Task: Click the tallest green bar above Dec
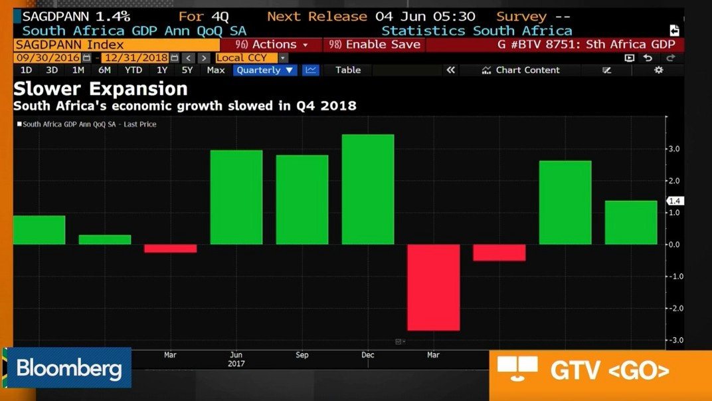pyautogui.click(x=368, y=190)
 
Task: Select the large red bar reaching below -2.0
pyautogui.click(x=433, y=287)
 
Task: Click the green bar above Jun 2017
pyautogui.click(x=236, y=198)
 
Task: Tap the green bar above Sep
pyautogui.click(x=302, y=200)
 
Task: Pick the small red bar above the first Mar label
pyautogui.click(x=171, y=249)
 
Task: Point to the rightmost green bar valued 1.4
pyautogui.click(x=630, y=223)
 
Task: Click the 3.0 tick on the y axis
pyautogui.click(x=673, y=149)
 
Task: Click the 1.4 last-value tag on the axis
pyautogui.click(x=675, y=201)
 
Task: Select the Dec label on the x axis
pyautogui.click(x=368, y=355)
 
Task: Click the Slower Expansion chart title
pyautogui.click(x=100, y=88)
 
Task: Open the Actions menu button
pyautogui.click(x=272, y=45)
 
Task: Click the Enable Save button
pyautogui.click(x=375, y=45)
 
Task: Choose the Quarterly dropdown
pyautogui.click(x=264, y=70)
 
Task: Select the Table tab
pyautogui.click(x=348, y=70)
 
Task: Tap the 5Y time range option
pyautogui.click(x=187, y=70)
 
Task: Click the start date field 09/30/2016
pyautogui.click(x=48, y=58)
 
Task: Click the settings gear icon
pyautogui.click(x=658, y=70)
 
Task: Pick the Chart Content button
pyautogui.click(x=521, y=70)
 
